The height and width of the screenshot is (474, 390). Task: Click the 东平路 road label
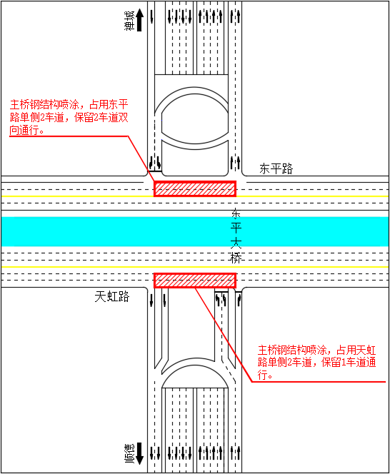(276, 168)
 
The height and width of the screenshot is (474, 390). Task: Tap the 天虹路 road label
(112, 297)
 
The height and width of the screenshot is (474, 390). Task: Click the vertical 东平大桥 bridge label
(236, 236)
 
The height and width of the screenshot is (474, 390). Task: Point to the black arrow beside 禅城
(139, 20)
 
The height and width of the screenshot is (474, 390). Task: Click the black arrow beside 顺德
(139, 453)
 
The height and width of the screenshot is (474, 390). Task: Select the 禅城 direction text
(129, 21)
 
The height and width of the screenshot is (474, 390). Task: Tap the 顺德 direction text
(129, 454)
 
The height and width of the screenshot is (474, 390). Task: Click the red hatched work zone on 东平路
(195, 189)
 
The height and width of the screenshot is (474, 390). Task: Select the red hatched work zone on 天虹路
(195, 281)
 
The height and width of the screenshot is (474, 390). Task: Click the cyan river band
(195, 231)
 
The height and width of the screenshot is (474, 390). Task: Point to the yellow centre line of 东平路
(195, 196)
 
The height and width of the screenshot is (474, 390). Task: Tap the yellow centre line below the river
(195, 267)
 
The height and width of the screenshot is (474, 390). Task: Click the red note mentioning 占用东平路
(69, 117)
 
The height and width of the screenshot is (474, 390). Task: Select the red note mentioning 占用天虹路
(316, 363)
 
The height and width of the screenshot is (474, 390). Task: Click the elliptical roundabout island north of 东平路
(195, 118)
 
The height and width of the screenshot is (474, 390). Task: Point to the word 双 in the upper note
(123, 117)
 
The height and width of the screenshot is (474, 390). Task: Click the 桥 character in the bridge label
(236, 258)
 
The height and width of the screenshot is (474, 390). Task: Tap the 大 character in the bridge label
(236, 243)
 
